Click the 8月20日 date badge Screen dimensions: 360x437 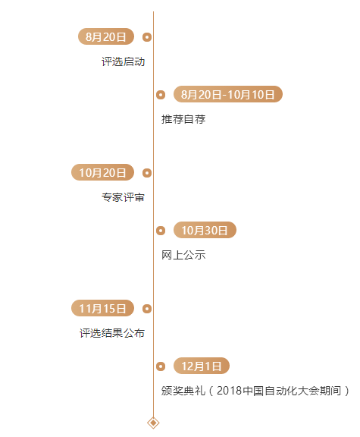[106, 36]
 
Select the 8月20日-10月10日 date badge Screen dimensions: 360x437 [228, 94]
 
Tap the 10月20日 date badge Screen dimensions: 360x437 [103, 172]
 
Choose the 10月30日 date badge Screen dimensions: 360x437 [205, 230]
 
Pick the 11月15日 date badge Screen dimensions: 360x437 [103, 308]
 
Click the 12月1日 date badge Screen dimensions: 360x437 [202, 366]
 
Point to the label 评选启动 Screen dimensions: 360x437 [123, 61]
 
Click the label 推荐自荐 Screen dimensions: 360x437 [183, 119]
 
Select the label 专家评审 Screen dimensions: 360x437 [123, 197]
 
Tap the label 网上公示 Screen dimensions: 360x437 [183, 255]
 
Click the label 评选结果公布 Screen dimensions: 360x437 [112, 333]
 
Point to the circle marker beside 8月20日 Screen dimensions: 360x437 [147, 37]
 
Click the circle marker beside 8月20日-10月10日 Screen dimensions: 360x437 [161, 95]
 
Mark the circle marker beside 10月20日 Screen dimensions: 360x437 [147, 173]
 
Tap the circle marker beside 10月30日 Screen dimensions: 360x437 [161, 231]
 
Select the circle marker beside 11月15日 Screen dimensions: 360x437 [147, 309]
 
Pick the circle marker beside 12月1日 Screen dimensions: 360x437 [161, 366]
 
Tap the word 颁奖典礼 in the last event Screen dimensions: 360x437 [183, 391]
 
